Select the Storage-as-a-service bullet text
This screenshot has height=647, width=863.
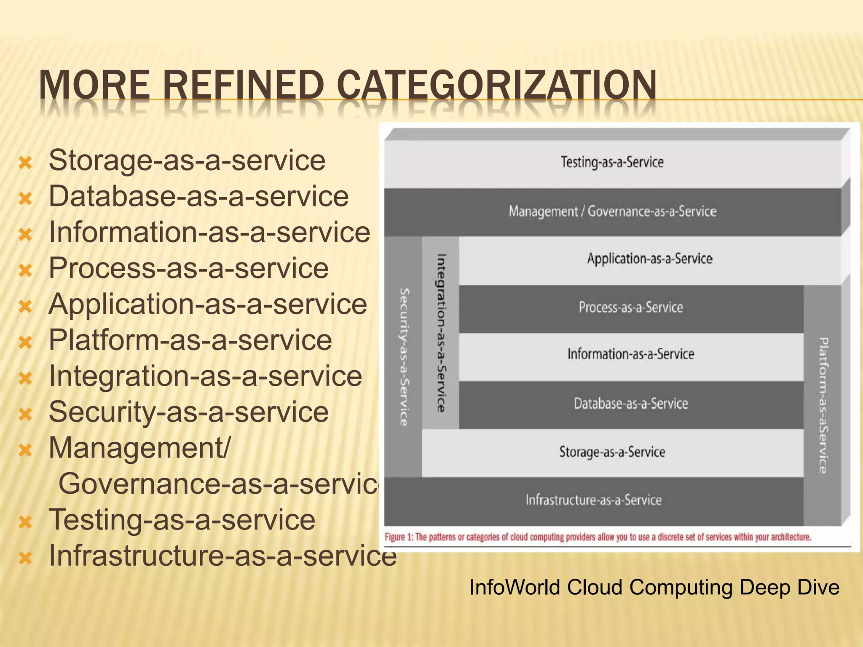187,160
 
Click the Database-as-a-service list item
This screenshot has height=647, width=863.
198,196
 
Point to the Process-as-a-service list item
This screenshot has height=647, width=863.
188,268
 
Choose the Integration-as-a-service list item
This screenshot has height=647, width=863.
205,376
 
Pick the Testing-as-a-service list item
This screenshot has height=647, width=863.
182,520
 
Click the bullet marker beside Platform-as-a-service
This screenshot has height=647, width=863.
26,342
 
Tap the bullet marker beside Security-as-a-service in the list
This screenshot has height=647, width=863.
26,414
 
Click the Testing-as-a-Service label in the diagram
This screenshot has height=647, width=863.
612,162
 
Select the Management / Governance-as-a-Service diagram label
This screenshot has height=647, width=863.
612,211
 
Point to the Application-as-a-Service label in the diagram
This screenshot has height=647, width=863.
650,259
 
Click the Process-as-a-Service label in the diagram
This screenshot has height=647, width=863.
630,307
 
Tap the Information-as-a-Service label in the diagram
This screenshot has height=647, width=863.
630,354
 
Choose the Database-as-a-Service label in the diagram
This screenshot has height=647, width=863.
630,404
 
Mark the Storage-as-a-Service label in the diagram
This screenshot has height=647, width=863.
612,452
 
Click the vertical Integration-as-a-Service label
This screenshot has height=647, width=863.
441,333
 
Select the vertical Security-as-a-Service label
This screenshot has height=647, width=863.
404,357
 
